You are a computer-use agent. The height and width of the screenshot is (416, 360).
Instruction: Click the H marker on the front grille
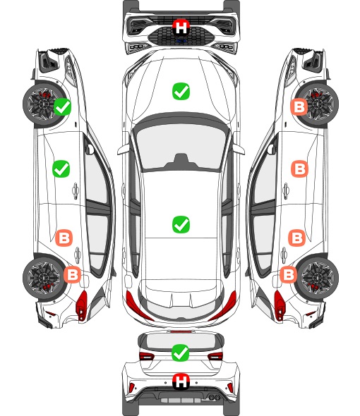(x=181, y=27)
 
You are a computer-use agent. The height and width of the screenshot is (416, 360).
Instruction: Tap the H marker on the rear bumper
(x=181, y=381)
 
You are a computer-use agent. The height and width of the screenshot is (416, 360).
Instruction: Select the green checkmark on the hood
(x=181, y=91)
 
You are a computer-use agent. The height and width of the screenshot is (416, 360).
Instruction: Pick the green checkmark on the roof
(x=181, y=224)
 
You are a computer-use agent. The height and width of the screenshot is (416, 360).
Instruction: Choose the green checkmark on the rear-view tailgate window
(x=181, y=353)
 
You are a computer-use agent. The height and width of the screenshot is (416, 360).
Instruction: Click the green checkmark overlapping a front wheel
(x=62, y=106)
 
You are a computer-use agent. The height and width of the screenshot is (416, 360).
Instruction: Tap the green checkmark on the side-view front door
(x=61, y=169)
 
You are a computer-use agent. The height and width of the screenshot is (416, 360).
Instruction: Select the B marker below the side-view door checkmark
(x=64, y=238)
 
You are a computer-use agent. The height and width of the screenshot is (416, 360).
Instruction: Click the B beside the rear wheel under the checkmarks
(x=72, y=274)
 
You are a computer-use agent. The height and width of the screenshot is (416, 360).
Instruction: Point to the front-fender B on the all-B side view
(x=299, y=107)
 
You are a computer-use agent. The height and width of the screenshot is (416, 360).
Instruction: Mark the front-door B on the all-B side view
(x=300, y=169)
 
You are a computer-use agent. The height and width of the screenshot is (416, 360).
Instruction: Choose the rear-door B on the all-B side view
(x=296, y=238)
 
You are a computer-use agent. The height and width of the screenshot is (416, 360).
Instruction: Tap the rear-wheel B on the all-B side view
(x=288, y=274)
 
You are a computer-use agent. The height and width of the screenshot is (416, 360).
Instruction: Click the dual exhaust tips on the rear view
(x=212, y=397)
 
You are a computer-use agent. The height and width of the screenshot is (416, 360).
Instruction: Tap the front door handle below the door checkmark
(x=76, y=190)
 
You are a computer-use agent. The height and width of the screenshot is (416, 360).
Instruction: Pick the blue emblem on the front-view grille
(x=181, y=41)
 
